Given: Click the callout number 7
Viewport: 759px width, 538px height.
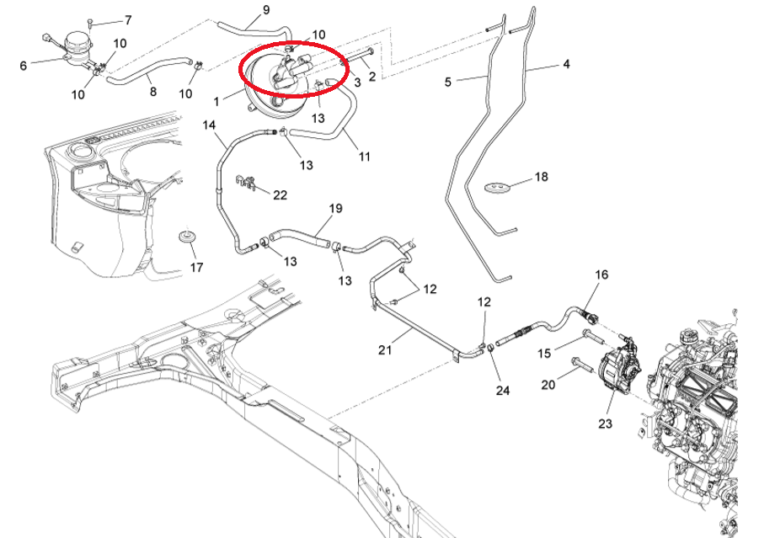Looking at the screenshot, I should [128, 19].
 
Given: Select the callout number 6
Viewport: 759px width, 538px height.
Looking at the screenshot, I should [23, 65].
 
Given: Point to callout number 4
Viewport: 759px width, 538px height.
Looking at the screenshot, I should [566, 64].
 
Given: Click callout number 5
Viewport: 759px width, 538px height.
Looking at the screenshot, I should [448, 82].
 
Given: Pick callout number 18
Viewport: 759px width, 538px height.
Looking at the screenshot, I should [541, 178].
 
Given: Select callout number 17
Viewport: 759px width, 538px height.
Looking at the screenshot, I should [196, 268].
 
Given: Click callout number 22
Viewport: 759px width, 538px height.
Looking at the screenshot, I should [280, 194].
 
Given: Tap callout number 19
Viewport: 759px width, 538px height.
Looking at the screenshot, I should [335, 208].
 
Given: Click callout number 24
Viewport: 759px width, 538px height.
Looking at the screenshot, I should [503, 390].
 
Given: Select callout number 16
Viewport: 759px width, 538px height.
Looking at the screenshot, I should [601, 274].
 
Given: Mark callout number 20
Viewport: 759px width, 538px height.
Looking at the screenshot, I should [548, 385].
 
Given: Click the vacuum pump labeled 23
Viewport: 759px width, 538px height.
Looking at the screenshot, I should [621, 367].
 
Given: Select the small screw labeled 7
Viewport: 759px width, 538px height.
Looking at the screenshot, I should [90, 20].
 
